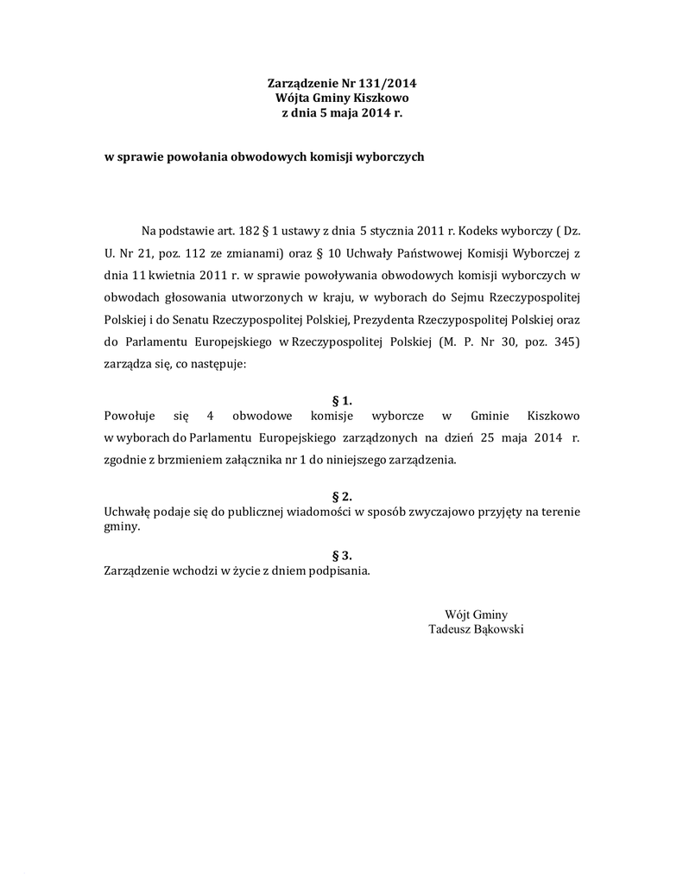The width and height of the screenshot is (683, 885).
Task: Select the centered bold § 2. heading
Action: point(342,497)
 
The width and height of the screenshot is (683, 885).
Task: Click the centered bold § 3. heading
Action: point(342,556)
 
